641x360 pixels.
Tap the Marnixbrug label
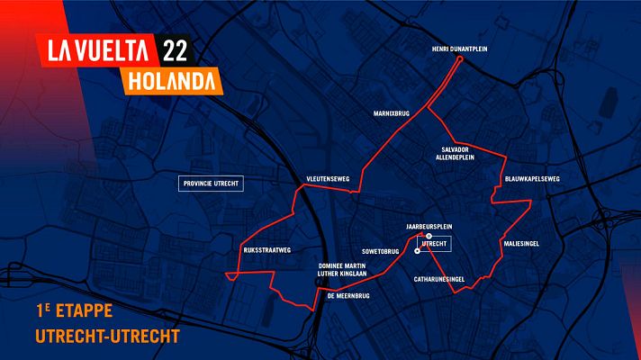pyautogui.click(x=392, y=114)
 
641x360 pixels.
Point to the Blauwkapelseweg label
pyautogui.click(x=533, y=179)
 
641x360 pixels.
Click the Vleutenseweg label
pyautogui.click(x=328, y=179)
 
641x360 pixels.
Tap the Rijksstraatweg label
pyautogui.click(x=267, y=251)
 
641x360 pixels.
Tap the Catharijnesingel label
pyautogui.click(x=438, y=280)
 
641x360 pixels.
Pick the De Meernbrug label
pyautogui.click(x=348, y=295)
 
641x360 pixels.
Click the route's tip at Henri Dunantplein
pyautogui.click(x=460, y=59)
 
